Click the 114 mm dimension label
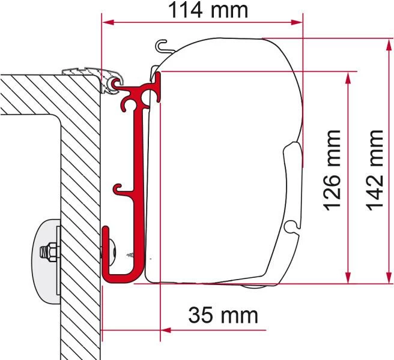[208, 10]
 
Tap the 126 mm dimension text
[332, 170]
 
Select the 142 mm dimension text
[374, 170]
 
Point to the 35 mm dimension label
[223, 315]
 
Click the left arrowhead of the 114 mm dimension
[108, 22]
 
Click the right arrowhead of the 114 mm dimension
[297, 22]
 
